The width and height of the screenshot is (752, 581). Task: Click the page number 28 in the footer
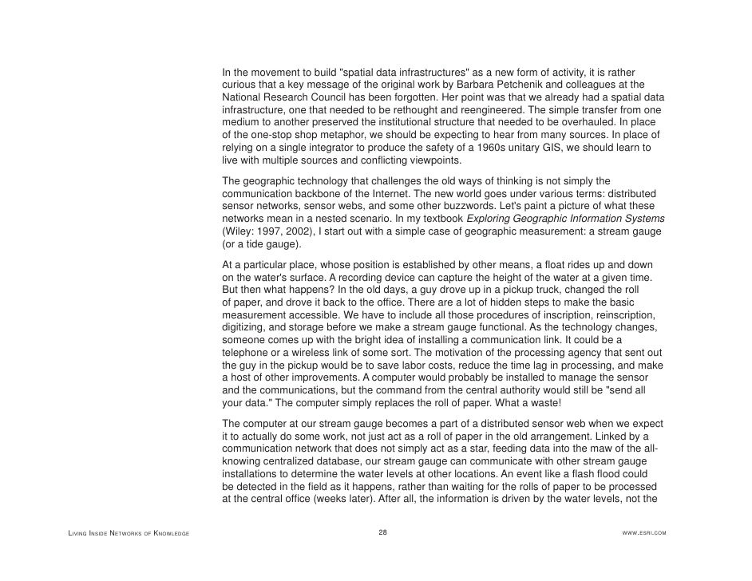pos(382,532)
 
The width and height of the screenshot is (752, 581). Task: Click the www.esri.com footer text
pos(643,532)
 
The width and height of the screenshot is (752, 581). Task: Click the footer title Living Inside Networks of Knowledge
pos(128,532)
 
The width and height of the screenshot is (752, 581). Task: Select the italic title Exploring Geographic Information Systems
pos(565,218)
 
